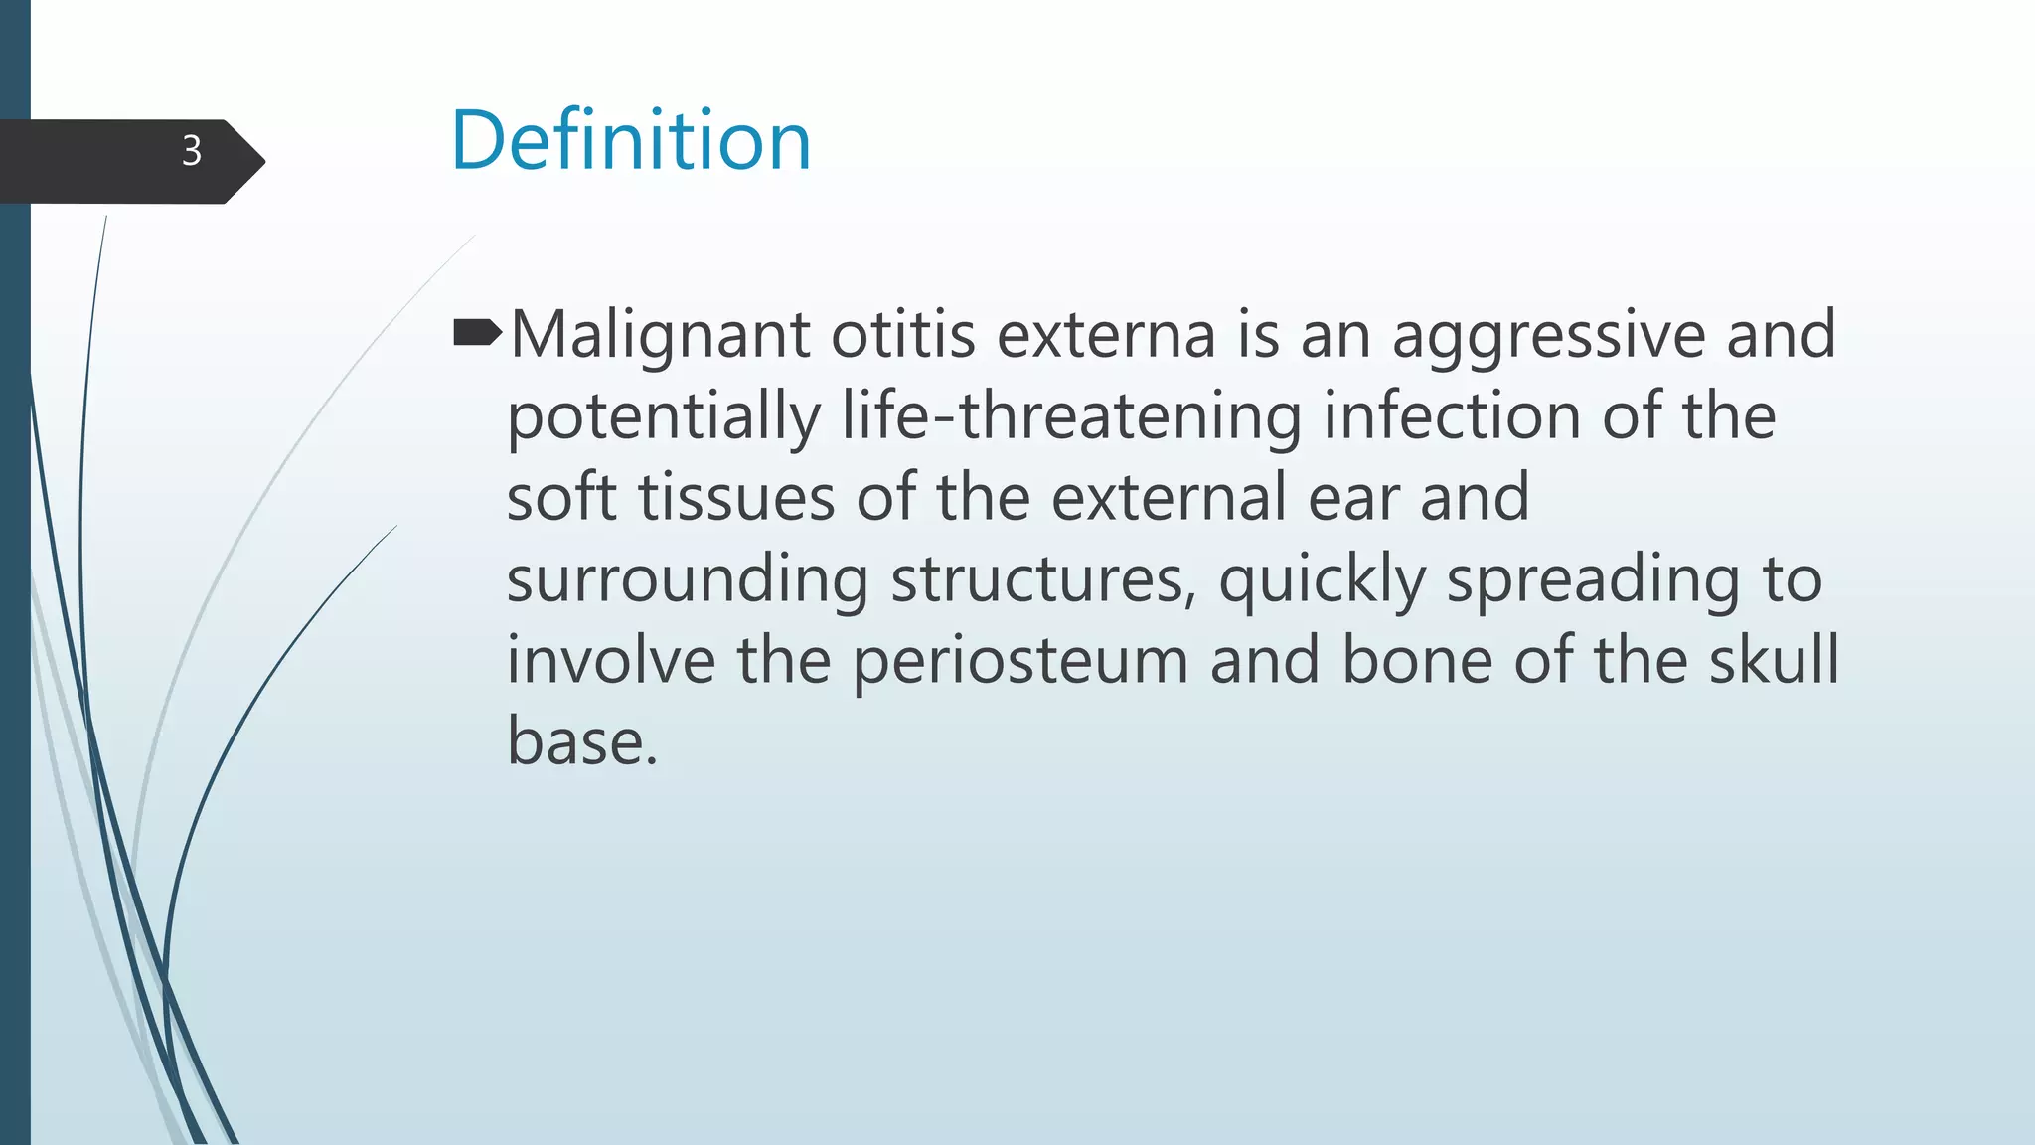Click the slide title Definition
tap(631, 141)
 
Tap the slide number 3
tap(192, 151)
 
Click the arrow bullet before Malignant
tap(477, 334)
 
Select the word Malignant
tap(660, 336)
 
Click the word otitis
tap(903, 335)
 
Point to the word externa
tap(1106, 335)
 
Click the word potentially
tap(664, 417)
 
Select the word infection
tap(1452, 416)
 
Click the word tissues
tap(735, 498)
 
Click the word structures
tap(1043, 579)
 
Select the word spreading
tap(1593, 580)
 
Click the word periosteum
tap(1020, 661)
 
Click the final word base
tap(581, 742)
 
